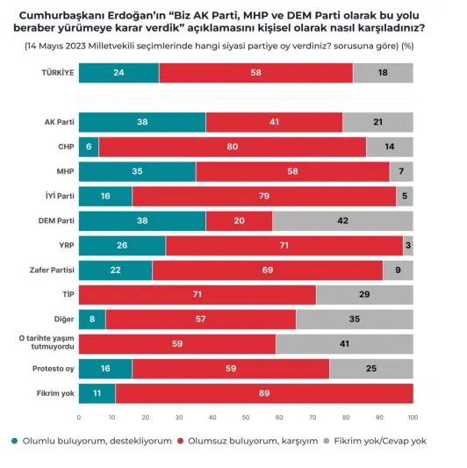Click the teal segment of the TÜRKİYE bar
pos(119,73)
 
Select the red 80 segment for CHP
pos(233,147)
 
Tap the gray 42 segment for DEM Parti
pos(343,221)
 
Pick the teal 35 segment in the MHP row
pos(138,171)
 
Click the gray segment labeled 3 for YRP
pos(408,246)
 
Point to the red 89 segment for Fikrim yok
pos(264,393)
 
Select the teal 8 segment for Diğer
pos(92,320)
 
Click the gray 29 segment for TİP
pos(364,295)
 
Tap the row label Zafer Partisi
pos(52,270)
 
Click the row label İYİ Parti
pos(60,196)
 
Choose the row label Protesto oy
pos(54,369)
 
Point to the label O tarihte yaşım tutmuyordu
pos(47,342)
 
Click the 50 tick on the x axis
pos(246,418)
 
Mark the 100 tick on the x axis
pos(413,418)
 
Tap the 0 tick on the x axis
pos(79,418)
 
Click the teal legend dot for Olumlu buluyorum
pos(14,441)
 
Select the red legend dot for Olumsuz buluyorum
pos(180,441)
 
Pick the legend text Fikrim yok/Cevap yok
pos(380,441)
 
